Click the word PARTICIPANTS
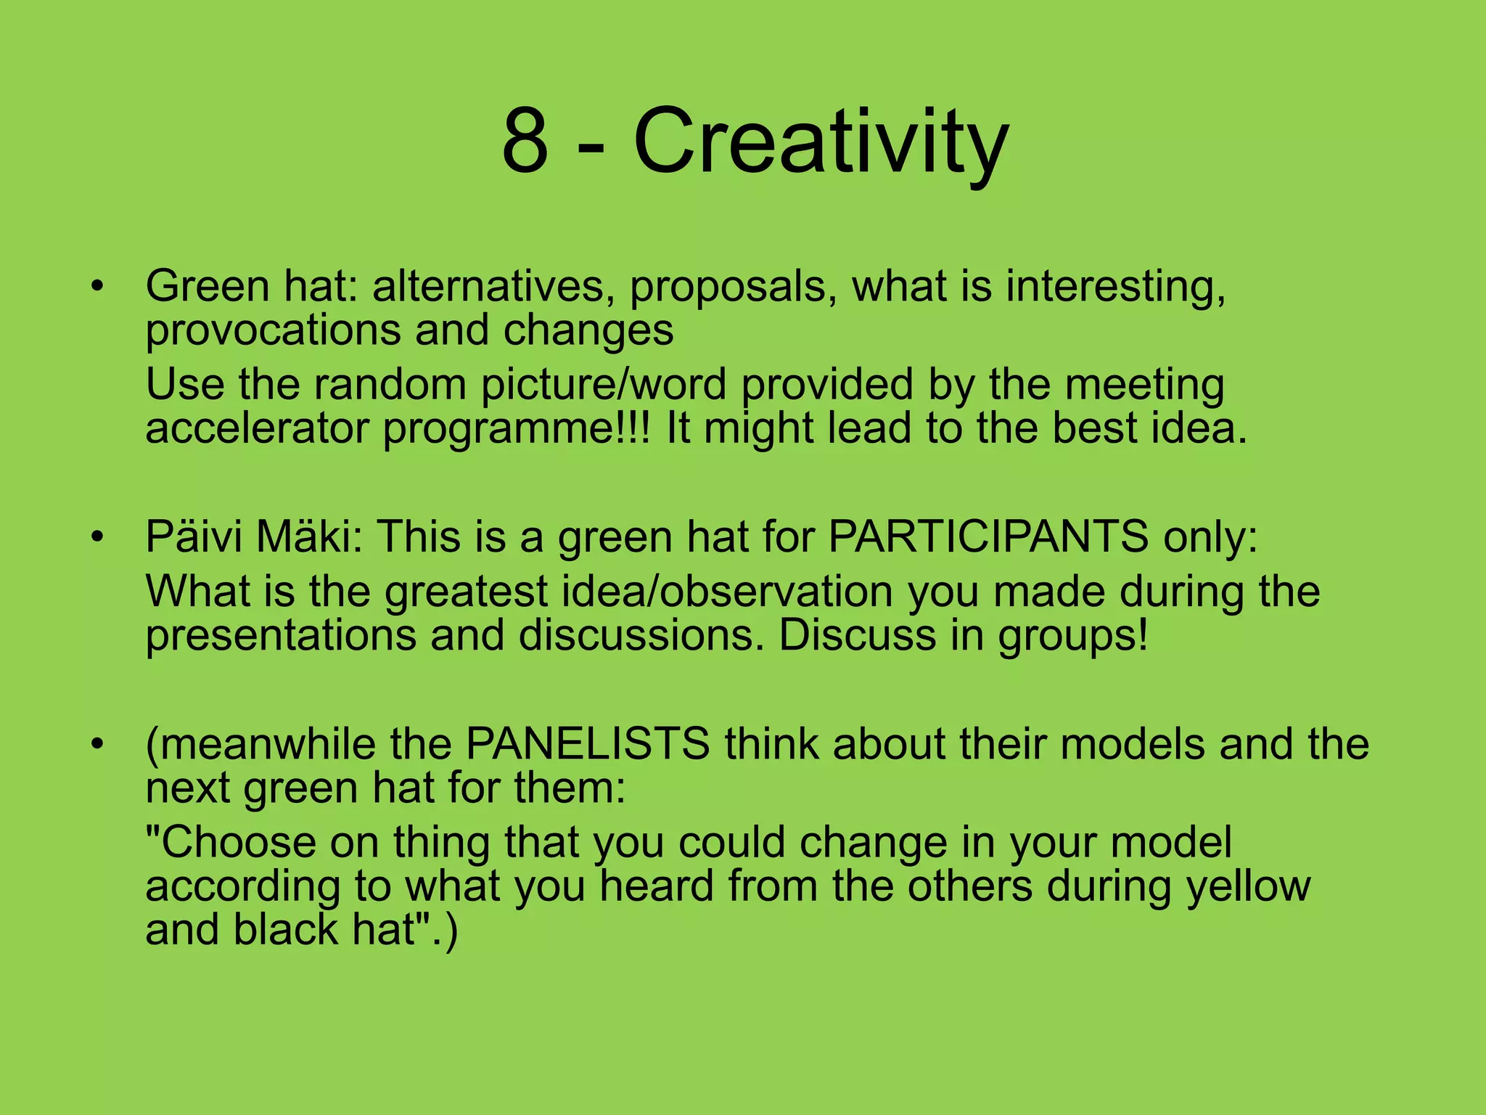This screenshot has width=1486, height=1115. point(988,537)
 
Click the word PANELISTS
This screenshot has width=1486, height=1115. point(587,745)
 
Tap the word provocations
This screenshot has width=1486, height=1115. point(272,331)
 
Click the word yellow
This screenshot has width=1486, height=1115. point(1248,887)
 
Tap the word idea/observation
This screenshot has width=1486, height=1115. point(639,592)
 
